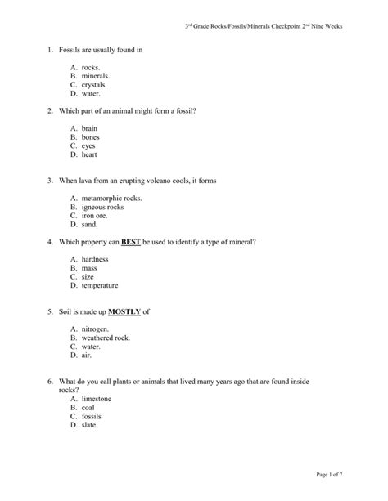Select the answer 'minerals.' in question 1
point(97,76)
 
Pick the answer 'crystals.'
point(96,84)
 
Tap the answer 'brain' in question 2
point(90,129)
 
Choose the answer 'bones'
point(91,137)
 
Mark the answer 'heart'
point(90,154)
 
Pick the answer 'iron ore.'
point(96,215)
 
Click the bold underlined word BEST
point(132,243)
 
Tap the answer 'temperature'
point(100,285)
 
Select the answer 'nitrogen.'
point(96,329)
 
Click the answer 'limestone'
point(97,399)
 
